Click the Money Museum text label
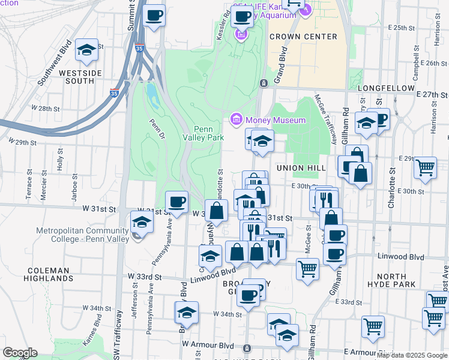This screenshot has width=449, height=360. [276, 121]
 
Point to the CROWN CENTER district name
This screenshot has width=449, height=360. [303, 37]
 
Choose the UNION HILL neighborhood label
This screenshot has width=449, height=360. [301, 168]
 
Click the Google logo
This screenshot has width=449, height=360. [20, 353]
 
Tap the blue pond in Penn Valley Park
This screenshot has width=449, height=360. [151, 94]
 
